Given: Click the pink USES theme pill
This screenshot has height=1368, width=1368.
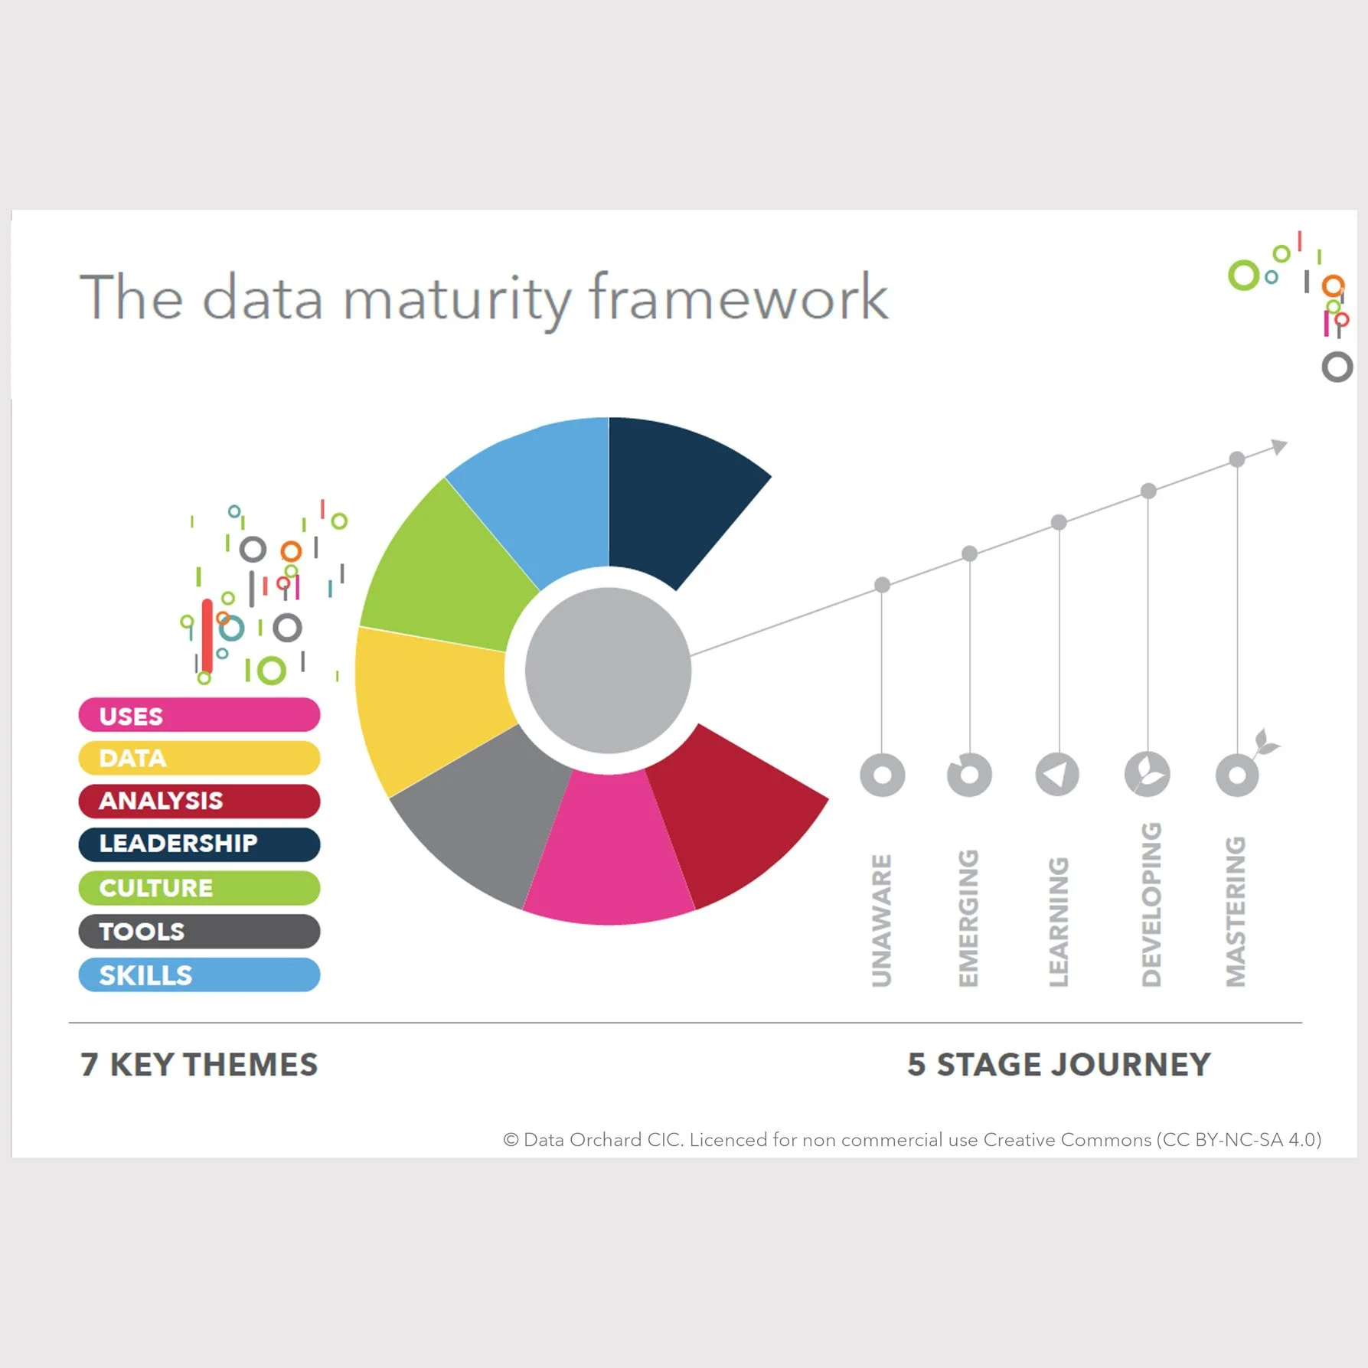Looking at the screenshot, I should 199,715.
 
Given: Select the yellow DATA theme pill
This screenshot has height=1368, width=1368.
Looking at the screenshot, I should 199,758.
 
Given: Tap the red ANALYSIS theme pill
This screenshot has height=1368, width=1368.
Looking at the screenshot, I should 199,801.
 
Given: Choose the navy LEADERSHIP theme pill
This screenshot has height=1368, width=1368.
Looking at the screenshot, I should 199,844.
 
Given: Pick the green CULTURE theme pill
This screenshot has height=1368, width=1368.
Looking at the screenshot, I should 199,887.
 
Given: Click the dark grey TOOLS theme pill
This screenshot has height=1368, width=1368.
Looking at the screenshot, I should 199,931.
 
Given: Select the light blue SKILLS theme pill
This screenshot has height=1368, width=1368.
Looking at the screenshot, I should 199,975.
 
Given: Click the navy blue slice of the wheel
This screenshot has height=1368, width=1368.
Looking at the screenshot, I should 674,498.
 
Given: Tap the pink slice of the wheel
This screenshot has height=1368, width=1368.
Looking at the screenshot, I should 609,850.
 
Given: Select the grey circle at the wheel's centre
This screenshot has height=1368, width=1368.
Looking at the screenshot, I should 609,671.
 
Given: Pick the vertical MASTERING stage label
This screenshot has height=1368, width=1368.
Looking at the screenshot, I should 1236,911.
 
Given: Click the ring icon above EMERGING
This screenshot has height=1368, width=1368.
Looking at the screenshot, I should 969,775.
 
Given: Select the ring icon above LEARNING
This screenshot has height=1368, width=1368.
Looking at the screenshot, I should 1057,775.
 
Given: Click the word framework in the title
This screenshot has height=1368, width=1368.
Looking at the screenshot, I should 739,299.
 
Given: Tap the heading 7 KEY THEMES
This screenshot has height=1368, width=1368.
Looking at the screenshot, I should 199,1065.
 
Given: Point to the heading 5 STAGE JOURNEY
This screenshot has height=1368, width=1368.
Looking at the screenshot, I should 1059,1065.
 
